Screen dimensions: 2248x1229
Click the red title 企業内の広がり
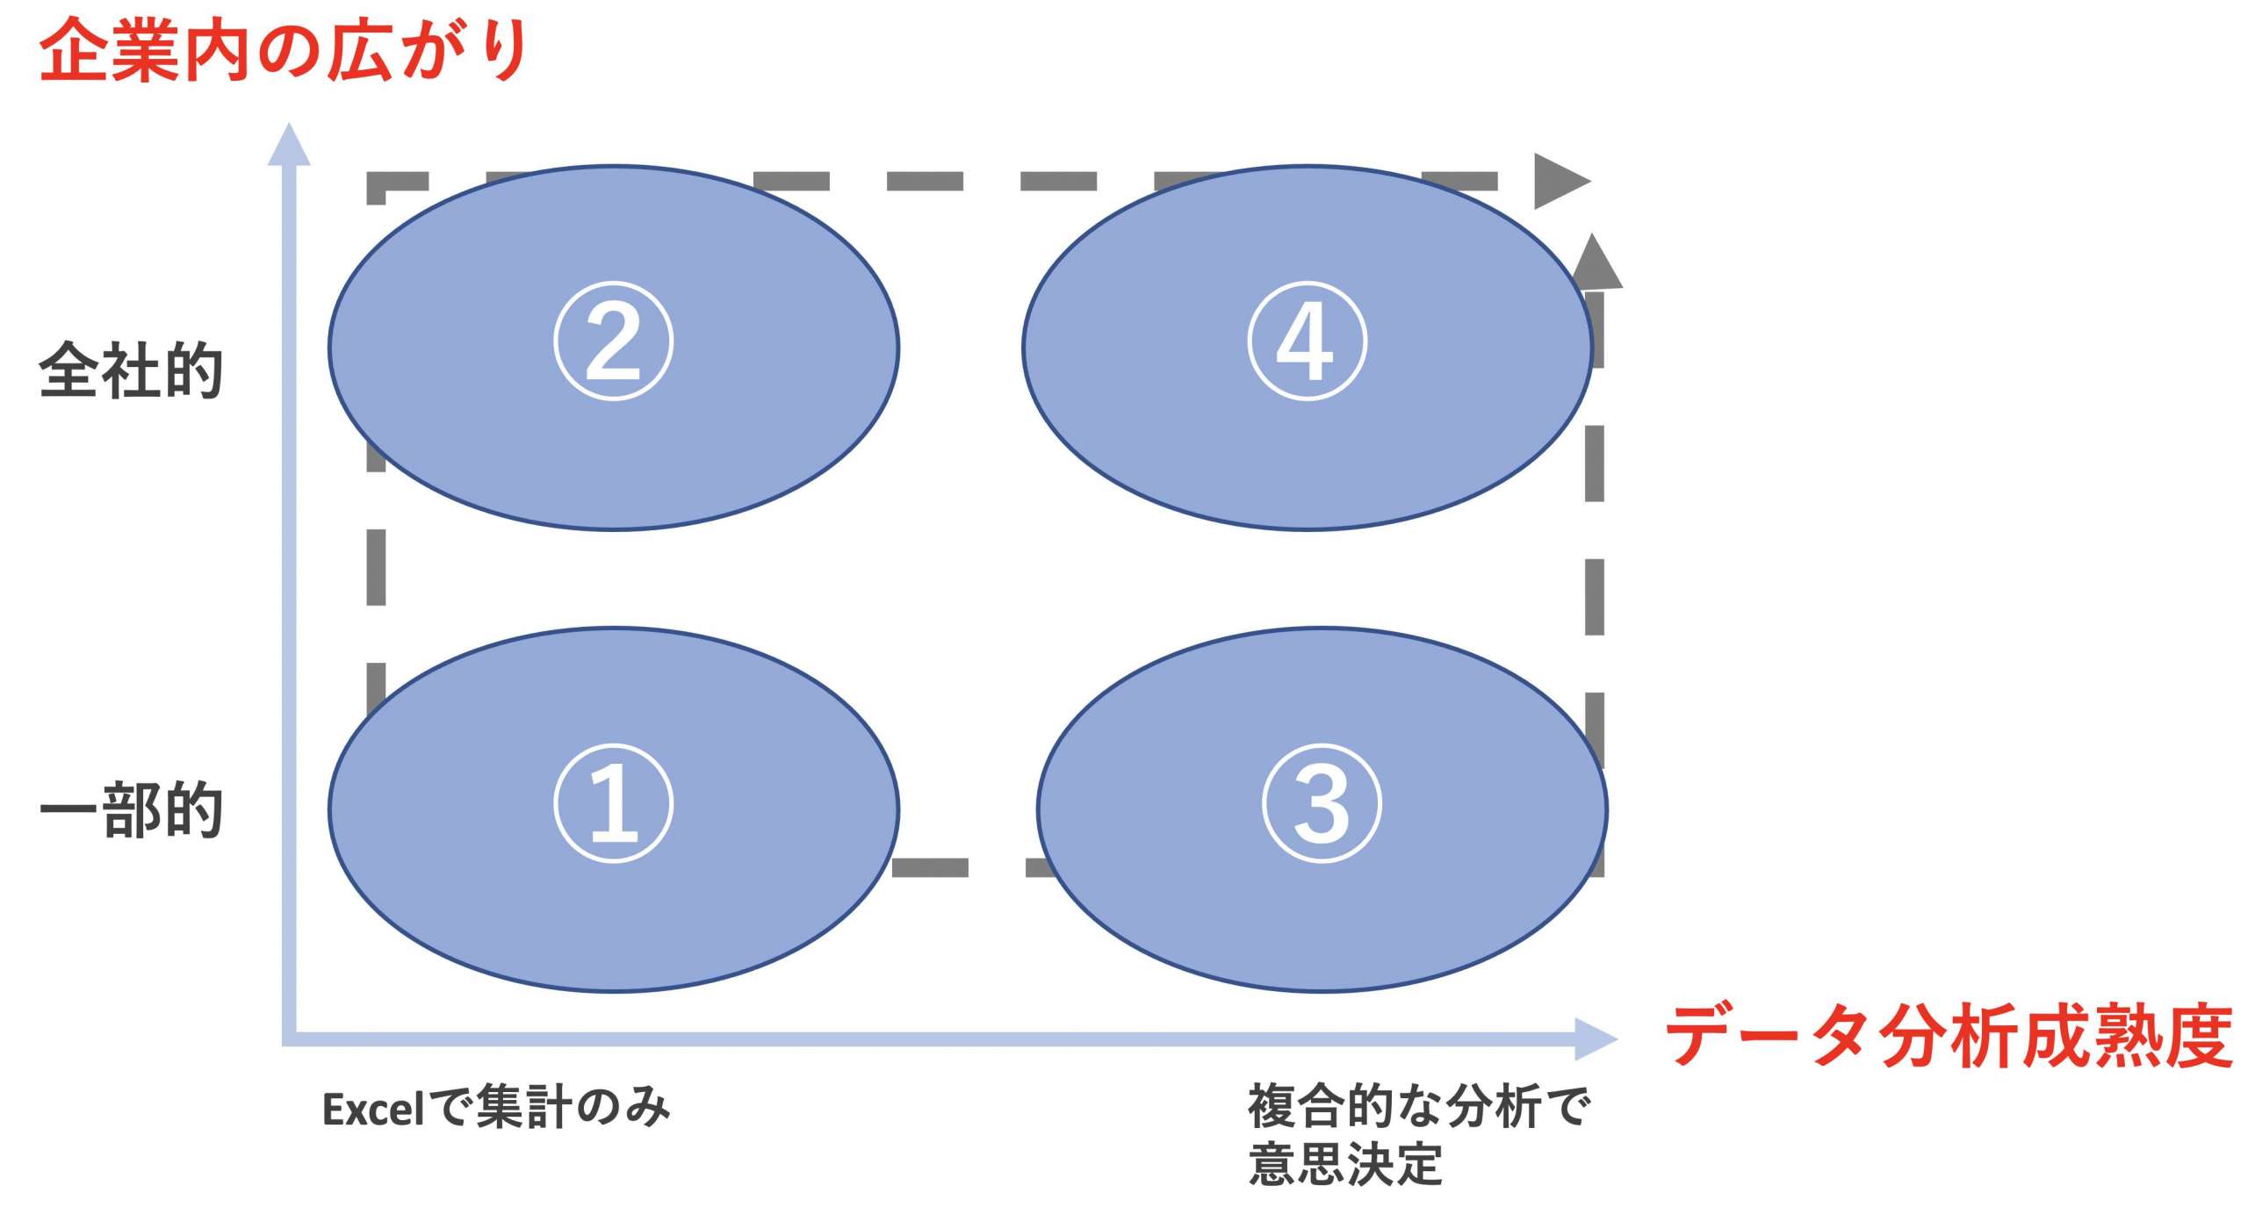pos(283,51)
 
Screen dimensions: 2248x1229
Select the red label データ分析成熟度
pos(1949,1037)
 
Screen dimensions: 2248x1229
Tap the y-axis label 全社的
pos(131,370)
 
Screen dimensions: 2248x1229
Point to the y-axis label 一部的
pos(131,809)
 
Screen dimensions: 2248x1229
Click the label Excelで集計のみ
pos(496,1107)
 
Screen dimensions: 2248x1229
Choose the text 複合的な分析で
pos(1419,1105)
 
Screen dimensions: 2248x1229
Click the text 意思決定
pos(1345,1163)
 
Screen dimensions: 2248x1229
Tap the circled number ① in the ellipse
pos(614,803)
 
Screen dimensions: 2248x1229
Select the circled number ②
pos(614,341)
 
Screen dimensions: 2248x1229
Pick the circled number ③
pos(1322,803)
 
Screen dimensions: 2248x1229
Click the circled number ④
pos(1308,341)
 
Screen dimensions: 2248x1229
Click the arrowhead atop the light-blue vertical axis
pos(289,144)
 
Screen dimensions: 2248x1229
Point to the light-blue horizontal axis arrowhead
pos(1596,1039)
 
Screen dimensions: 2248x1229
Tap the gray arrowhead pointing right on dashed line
pos(1562,182)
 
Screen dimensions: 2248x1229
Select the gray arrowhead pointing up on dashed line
pos(1595,261)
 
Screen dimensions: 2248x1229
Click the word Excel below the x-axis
pos(374,1109)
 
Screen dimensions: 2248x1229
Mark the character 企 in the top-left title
pos(74,51)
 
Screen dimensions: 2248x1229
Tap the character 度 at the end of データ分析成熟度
pos(2199,1037)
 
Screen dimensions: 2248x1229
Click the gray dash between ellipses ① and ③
pos(930,867)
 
